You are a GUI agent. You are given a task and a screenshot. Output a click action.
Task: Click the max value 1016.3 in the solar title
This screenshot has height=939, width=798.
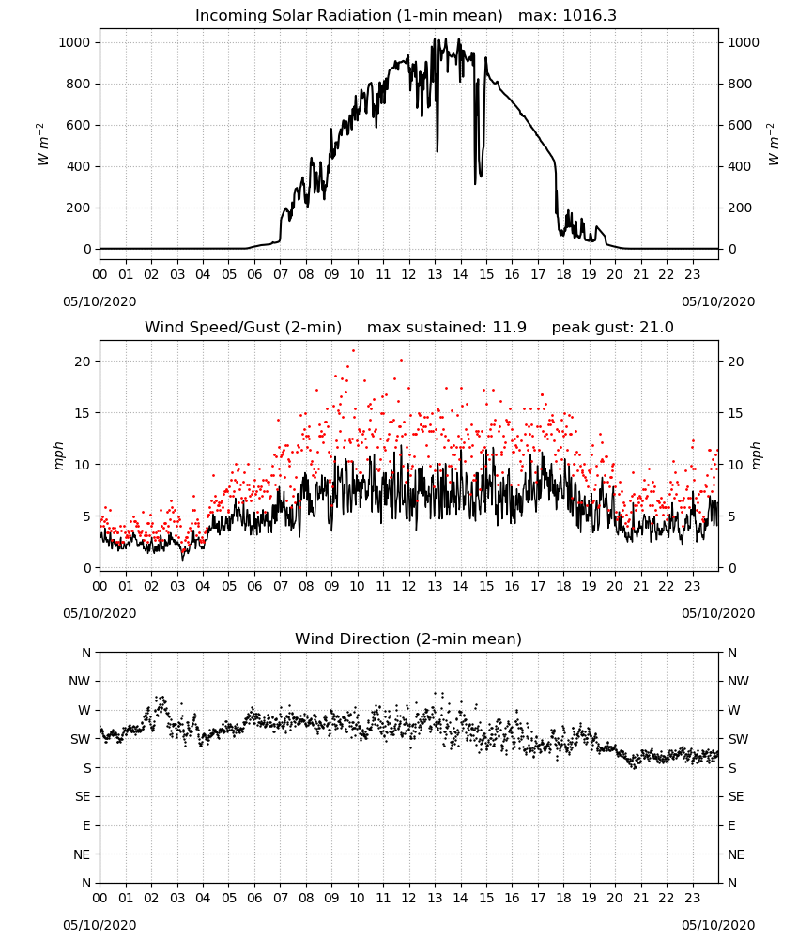pyautogui.click(x=590, y=16)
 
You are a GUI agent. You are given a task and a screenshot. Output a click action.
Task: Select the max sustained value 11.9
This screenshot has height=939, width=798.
pyautogui.click(x=510, y=328)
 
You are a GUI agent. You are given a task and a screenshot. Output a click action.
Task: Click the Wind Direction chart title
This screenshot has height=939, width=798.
pyautogui.click(x=408, y=639)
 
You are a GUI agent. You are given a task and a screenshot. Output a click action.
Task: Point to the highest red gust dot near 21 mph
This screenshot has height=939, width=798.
pyautogui.click(x=353, y=350)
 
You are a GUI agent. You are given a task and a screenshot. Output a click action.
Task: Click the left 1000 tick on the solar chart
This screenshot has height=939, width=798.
pyautogui.click(x=74, y=42)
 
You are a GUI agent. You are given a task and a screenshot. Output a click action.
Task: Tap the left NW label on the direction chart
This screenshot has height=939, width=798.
pyautogui.click(x=81, y=682)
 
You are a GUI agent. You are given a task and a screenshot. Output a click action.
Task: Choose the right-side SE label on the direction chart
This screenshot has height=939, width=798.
pyautogui.click(x=736, y=797)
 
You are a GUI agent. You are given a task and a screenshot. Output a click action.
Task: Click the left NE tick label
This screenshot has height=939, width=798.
pyautogui.click(x=82, y=855)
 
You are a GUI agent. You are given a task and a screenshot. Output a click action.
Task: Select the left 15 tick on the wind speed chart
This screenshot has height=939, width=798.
pyautogui.click(x=83, y=413)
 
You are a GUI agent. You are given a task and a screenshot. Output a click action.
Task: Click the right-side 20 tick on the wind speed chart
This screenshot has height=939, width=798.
pyautogui.click(x=736, y=362)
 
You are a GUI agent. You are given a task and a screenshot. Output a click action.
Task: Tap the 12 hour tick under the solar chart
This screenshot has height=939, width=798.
pyautogui.click(x=409, y=275)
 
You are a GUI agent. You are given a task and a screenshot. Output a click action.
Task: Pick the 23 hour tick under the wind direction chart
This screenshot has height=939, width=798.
pyautogui.click(x=693, y=899)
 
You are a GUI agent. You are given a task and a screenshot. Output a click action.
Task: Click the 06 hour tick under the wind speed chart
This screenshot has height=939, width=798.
pyautogui.click(x=254, y=586)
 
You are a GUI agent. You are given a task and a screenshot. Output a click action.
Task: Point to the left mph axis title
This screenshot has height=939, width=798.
pyautogui.click(x=58, y=455)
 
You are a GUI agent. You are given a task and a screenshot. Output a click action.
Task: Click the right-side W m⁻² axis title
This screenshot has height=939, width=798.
pyautogui.click(x=773, y=145)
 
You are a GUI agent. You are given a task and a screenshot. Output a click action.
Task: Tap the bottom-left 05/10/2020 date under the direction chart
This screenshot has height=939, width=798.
pyautogui.click(x=100, y=925)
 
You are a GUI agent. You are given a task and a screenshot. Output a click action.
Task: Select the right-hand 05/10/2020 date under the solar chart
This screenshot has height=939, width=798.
pyautogui.click(x=718, y=301)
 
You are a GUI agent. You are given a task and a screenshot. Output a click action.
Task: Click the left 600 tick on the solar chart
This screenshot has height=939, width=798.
pyautogui.click(x=79, y=125)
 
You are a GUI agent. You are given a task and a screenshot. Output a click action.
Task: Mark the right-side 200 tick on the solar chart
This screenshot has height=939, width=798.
pyautogui.click(x=740, y=208)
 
